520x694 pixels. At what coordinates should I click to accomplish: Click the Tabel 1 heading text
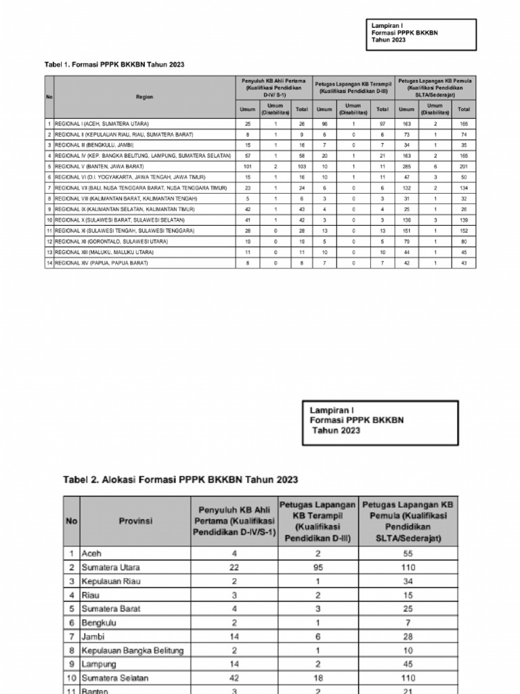point(114,64)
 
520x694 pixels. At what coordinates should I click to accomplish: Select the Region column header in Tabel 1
point(144,97)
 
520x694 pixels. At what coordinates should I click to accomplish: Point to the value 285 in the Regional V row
point(406,166)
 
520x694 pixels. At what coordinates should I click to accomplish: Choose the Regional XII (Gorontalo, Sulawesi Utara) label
point(111,241)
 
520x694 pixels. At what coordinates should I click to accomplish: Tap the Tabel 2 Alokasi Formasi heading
point(180,479)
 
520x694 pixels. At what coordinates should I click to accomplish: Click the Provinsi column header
point(136,521)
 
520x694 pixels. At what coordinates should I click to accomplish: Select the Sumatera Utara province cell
point(111,567)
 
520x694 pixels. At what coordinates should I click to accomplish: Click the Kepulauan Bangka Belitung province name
point(133,651)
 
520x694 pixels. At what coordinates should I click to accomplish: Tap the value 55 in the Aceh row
point(408,553)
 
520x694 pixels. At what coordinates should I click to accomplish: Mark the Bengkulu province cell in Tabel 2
point(101,623)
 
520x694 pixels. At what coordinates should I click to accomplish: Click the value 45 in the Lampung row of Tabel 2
point(408,665)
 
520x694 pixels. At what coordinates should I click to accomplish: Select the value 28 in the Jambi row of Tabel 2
point(408,637)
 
